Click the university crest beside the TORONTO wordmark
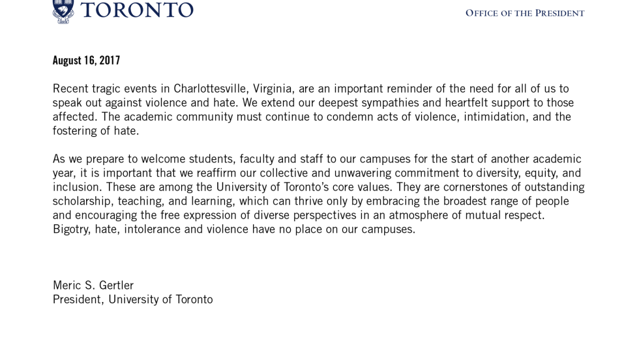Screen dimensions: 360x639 point(63,11)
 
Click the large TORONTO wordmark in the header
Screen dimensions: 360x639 point(137,10)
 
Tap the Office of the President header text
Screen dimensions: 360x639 point(524,13)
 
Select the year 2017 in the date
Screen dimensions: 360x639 point(110,61)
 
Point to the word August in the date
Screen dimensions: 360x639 point(67,61)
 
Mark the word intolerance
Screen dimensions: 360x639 point(152,230)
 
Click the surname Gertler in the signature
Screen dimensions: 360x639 point(116,286)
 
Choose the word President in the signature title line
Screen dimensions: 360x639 point(78,299)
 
